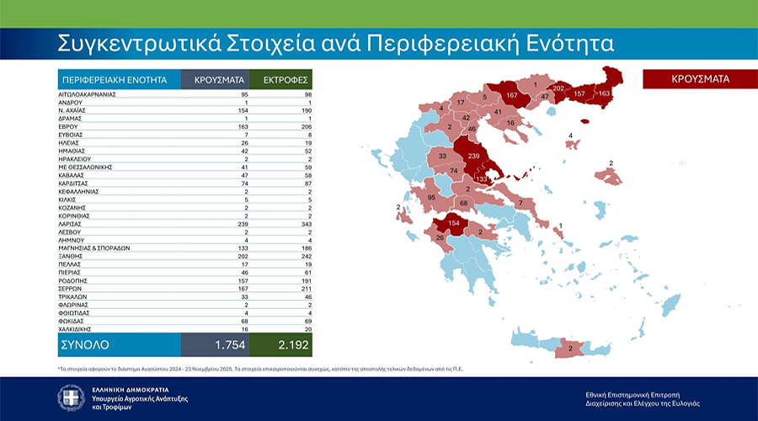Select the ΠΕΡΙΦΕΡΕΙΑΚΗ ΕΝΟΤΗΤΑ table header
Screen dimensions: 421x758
[x=114, y=80]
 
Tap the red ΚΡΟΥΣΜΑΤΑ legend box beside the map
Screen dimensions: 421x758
[x=700, y=79]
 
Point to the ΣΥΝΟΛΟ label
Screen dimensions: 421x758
[x=85, y=345]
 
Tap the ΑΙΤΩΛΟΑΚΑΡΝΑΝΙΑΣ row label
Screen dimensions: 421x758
[x=88, y=94]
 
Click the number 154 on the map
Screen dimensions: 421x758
[x=454, y=222]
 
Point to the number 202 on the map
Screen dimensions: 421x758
[x=557, y=88]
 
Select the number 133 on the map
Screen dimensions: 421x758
[x=483, y=179]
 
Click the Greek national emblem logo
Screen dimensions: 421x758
[x=71, y=397]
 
